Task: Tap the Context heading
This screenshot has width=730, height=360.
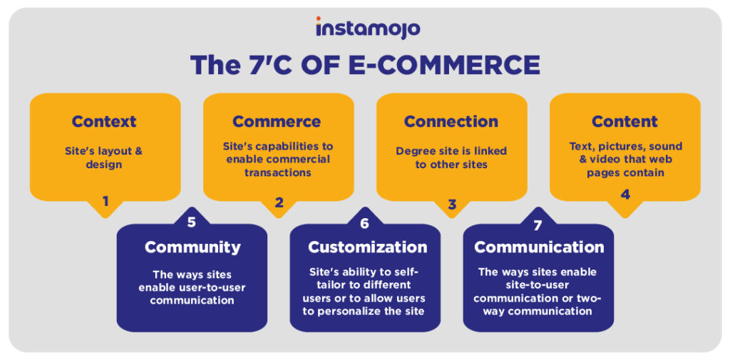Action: [104, 121]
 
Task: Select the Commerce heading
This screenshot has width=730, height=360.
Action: [277, 121]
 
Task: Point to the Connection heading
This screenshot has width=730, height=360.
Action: [451, 121]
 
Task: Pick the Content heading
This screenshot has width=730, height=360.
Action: [624, 121]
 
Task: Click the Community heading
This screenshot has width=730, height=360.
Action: [192, 247]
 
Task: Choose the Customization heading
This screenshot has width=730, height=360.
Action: [367, 247]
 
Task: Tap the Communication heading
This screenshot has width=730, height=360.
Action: [539, 247]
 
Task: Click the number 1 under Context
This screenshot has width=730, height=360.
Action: [106, 201]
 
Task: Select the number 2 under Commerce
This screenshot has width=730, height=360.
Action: [279, 202]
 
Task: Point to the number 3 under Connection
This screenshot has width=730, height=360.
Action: [452, 204]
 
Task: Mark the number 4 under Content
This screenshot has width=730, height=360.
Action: [625, 195]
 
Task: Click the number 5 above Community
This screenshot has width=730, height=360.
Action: [191, 222]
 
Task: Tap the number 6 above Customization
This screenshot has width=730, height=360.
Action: [364, 224]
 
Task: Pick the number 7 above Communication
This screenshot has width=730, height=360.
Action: [538, 225]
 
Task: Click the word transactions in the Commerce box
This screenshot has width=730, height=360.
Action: [279, 173]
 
